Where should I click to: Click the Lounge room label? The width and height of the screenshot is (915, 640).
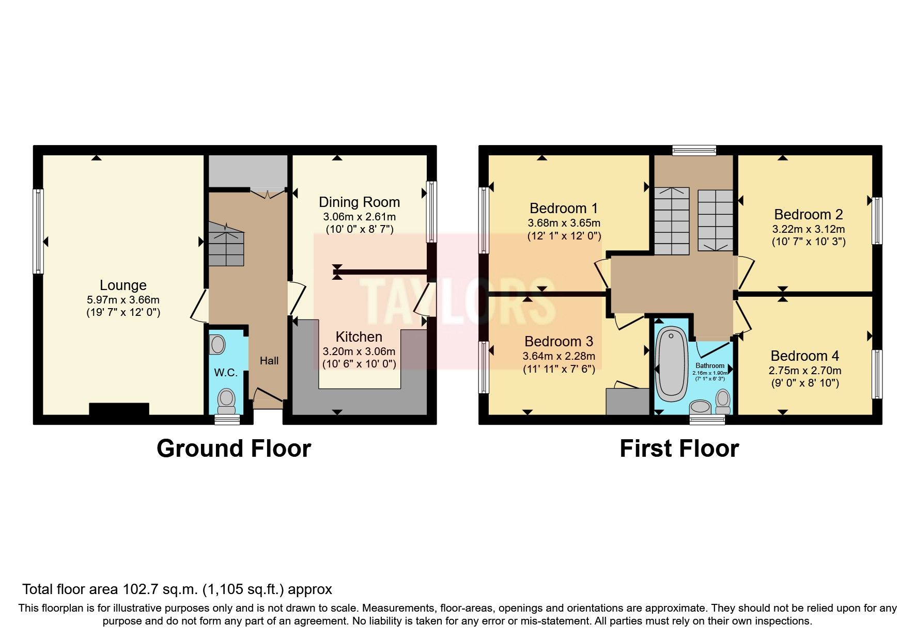[123, 285]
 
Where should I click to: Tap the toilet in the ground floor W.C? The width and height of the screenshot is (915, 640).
[226, 398]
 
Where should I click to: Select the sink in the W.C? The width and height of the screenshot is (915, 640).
[218, 344]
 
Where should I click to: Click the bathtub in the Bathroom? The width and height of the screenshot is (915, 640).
[671, 366]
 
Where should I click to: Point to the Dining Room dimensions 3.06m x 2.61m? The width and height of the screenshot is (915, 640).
[359, 217]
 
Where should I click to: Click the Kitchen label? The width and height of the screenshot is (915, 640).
[359, 337]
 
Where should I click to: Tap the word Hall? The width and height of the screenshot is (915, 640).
[269, 361]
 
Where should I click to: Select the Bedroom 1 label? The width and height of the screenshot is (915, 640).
[564, 209]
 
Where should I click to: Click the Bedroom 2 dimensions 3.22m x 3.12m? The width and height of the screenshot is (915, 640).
[809, 229]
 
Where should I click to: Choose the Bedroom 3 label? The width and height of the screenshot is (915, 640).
[559, 342]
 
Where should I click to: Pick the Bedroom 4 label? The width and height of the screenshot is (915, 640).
[804, 356]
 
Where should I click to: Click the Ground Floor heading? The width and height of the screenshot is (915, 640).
[234, 449]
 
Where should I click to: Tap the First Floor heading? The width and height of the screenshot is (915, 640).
[679, 449]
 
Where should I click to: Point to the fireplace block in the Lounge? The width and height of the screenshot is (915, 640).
[119, 409]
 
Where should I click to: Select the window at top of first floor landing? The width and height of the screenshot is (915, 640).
[694, 150]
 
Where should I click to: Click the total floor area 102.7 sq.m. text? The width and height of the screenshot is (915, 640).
[177, 589]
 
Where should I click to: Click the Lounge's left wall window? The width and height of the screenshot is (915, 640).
[38, 231]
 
